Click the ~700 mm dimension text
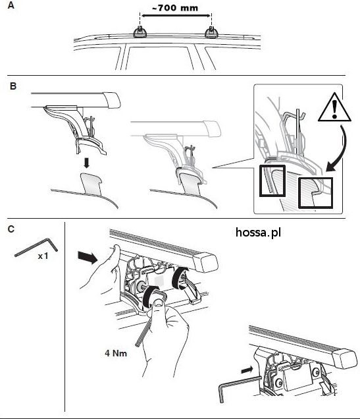pos(175,8)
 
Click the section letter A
pos(11,5)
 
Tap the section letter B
pos(13,86)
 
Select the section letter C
pos(11,229)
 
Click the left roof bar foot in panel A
pos(140,32)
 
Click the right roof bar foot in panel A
pos(211,32)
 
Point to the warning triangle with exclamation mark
pos(334,107)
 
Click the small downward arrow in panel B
pos(86,163)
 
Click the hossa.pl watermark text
pos(258,233)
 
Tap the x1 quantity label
pos(43,256)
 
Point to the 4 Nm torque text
pos(116,353)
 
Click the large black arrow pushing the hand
pos(87,258)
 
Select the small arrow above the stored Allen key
pos(247,370)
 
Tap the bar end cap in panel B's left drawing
pos(112,101)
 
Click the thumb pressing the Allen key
pos(159,303)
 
